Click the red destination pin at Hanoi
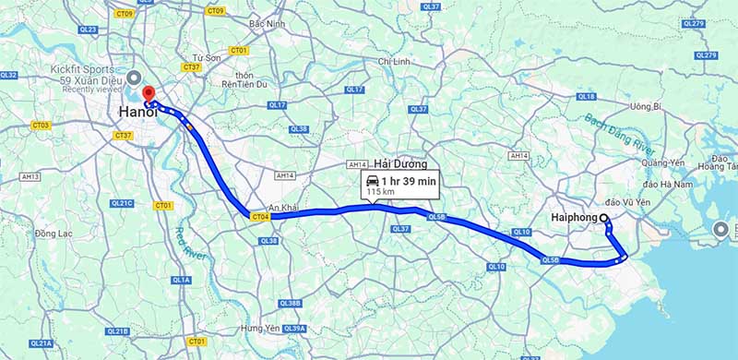pos(148,96)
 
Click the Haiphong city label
pos(577,218)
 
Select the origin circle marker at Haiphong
pos(605,219)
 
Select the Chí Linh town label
pos(395,62)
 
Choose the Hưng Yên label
pos(259,329)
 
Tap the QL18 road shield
pos(586,96)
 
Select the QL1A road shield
pos(181,280)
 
